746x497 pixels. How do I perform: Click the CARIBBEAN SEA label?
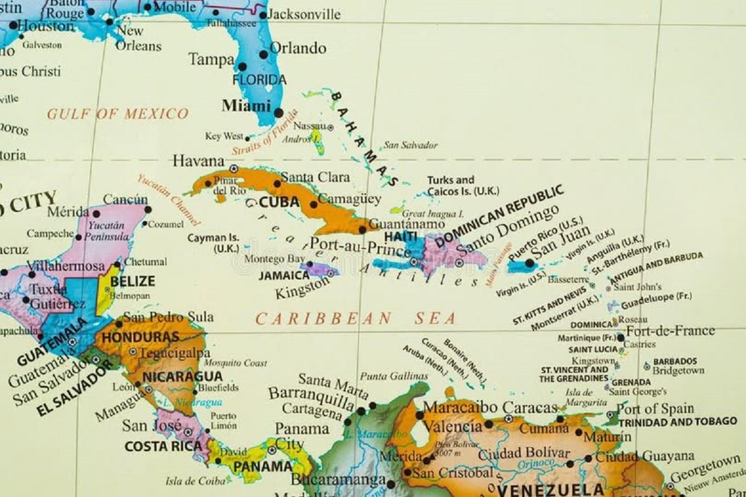click(356, 319)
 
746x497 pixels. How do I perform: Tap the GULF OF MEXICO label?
click(117, 114)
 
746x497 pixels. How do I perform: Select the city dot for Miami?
click(279, 112)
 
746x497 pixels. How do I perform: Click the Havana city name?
click(198, 161)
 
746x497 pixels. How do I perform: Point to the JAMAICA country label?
click(283, 275)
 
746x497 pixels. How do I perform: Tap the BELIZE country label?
click(133, 281)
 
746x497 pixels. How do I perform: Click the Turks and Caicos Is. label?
click(463, 186)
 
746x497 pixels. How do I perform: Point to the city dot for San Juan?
click(530, 263)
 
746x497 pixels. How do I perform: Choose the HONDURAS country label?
click(140, 337)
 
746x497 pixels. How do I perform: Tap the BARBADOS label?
click(675, 361)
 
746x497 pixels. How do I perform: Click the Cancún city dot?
click(148, 209)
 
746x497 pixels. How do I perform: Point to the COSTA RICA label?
click(163, 446)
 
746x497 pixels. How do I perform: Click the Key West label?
click(224, 137)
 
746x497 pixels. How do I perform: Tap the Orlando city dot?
click(264, 54)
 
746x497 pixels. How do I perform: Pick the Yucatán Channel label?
click(170, 200)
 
